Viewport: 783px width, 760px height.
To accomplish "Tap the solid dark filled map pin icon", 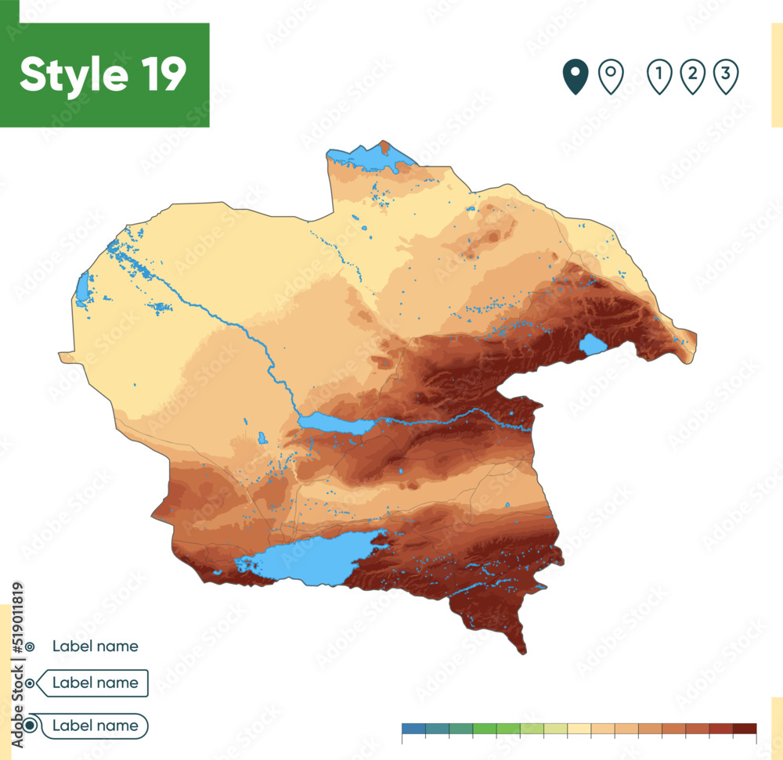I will (576, 77).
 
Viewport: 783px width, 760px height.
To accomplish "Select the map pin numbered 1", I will (660, 77).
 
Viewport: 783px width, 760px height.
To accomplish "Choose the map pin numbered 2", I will (693, 77).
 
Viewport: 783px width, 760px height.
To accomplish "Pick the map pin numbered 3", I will (726, 77).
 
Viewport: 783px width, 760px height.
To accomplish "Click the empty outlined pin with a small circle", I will (611, 77).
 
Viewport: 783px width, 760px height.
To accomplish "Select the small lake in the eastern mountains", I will (593, 344).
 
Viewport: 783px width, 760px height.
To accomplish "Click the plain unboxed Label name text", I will (96, 647).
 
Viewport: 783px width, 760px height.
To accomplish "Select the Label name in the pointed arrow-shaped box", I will (96, 683).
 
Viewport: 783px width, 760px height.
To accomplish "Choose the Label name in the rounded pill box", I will (96, 726).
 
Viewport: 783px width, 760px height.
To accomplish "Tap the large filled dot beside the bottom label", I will (30, 726).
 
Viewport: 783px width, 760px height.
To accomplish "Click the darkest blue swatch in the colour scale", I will (413, 729).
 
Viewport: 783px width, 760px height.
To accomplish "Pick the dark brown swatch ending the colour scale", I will (745, 729).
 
